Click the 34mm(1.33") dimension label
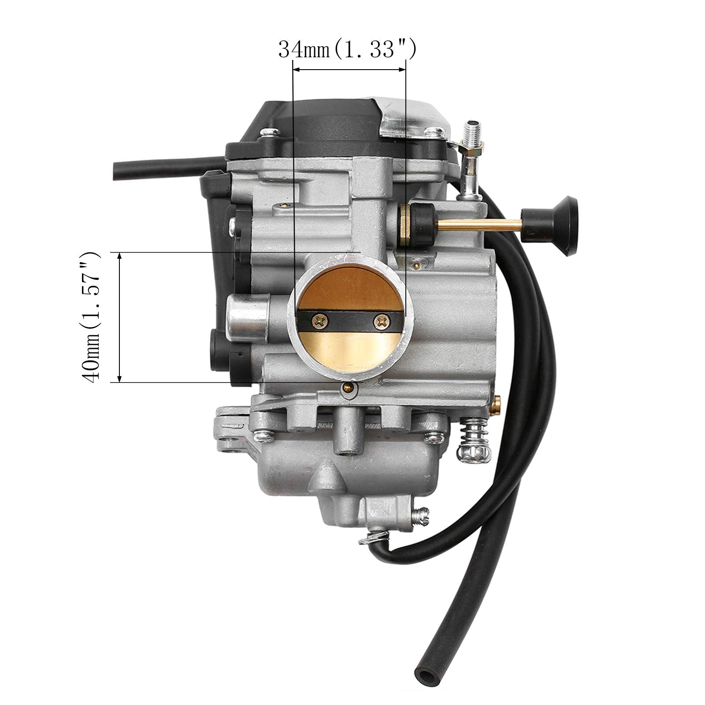tap(347, 50)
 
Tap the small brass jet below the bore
tap(349, 388)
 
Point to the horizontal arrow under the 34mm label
tap(349, 69)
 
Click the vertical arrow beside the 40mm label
tap(119, 317)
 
